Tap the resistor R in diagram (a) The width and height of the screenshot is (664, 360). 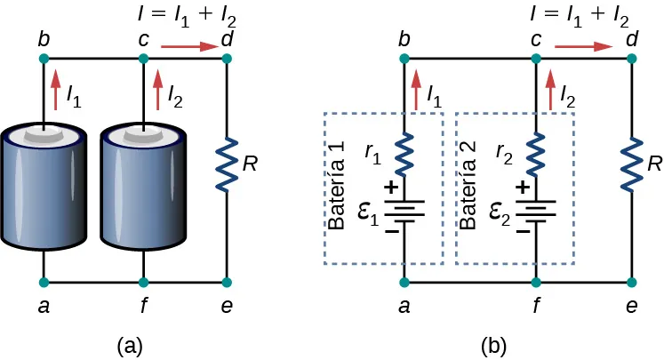pyautogui.click(x=227, y=164)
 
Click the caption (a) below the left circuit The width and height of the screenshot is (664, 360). pyautogui.click(x=131, y=346)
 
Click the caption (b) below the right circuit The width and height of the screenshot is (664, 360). pyautogui.click(x=494, y=346)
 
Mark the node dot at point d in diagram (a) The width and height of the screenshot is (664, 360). pyautogui.click(x=227, y=59)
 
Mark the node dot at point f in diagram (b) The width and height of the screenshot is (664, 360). pyautogui.click(x=535, y=283)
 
